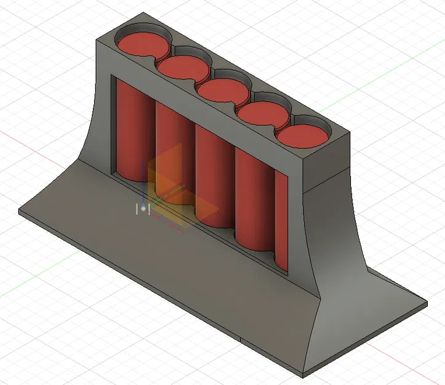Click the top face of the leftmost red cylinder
(143, 44)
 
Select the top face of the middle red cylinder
(222, 91)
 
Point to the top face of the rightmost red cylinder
(301, 136)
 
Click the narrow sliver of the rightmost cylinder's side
(282, 222)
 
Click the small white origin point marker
(143, 209)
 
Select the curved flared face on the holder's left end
(93, 123)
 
